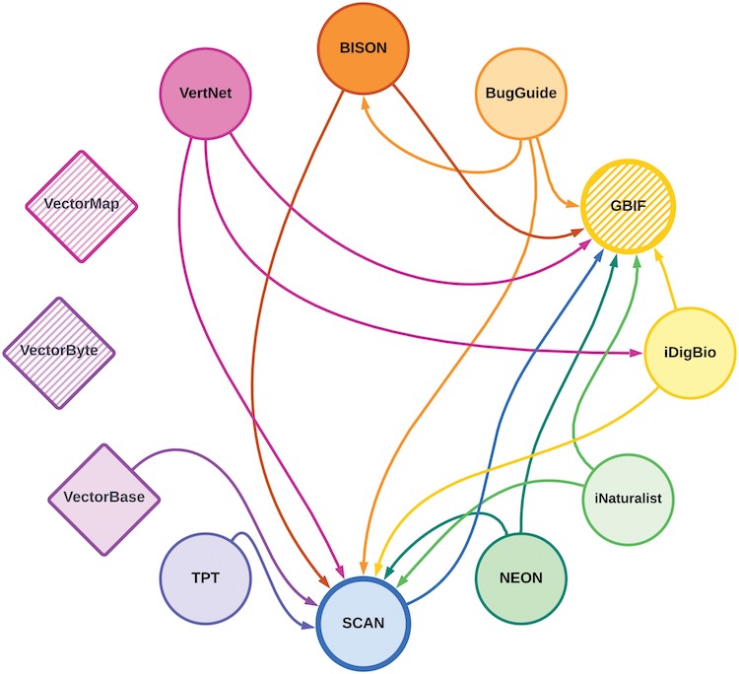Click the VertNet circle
click(206, 95)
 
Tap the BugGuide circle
click(521, 95)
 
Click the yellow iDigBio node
click(691, 352)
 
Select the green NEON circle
click(521, 576)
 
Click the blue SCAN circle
click(364, 622)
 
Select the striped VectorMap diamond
click(81, 206)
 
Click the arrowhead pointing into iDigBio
click(636, 352)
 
